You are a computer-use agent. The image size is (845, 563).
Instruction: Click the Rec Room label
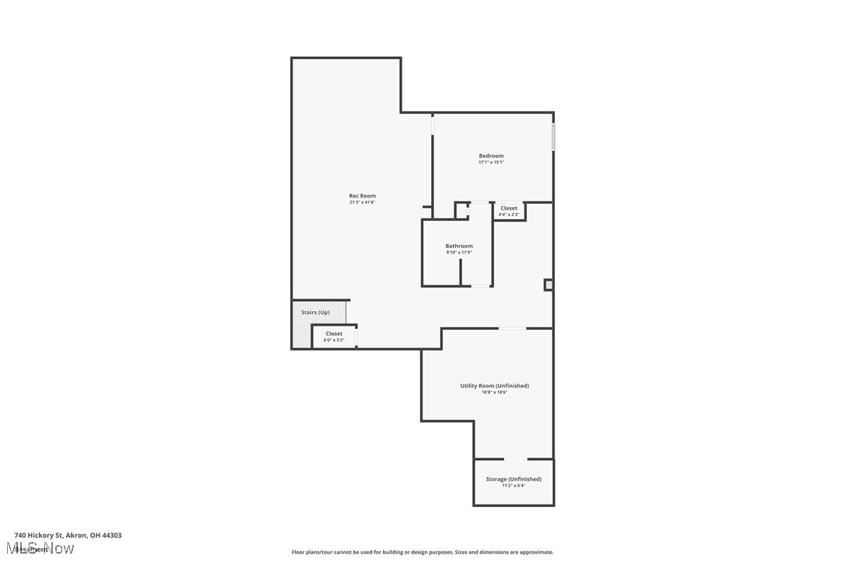(362, 196)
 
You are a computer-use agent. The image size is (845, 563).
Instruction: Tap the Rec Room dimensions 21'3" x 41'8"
(362, 202)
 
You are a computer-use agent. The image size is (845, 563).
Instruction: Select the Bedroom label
(491, 156)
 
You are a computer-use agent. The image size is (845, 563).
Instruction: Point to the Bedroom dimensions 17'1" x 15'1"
(491, 163)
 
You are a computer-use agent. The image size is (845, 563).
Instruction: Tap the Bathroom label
(458, 246)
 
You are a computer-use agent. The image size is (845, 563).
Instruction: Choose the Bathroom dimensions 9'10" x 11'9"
(458, 252)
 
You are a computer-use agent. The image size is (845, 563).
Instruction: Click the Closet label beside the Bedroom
(509, 208)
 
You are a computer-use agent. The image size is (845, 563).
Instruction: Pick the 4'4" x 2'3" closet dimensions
(509, 215)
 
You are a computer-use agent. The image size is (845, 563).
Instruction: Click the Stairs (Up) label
(315, 312)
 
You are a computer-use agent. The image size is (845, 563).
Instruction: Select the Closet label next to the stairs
(334, 334)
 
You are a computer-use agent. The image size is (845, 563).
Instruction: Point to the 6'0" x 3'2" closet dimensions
(334, 340)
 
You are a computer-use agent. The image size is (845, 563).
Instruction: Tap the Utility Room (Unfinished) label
(494, 386)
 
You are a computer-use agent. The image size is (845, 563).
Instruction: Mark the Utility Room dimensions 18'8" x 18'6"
(494, 392)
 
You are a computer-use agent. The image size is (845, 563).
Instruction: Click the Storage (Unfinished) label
(514, 479)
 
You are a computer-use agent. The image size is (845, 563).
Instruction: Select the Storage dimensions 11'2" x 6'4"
(514, 485)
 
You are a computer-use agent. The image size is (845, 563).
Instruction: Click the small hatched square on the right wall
(549, 285)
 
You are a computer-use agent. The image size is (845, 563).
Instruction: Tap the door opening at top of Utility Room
(512, 328)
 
